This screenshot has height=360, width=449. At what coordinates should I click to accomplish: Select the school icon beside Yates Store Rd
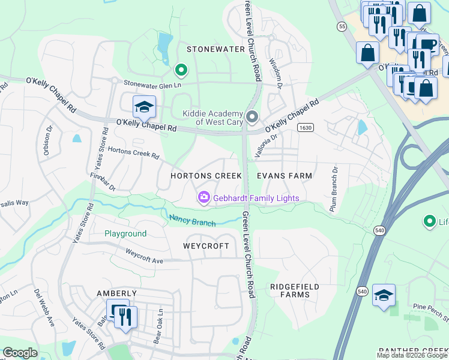pyautogui.click(x=144, y=107)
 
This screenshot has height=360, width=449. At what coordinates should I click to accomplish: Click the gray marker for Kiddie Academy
pyautogui.click(x=252, y=116)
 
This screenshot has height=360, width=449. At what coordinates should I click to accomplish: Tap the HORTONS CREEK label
pyautogui.click(x=206, y=176)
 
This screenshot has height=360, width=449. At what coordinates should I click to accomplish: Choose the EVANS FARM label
pyautogui.click(x=285, y=176)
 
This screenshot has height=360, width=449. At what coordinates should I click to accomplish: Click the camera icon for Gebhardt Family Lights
pyautogui.click(x=204, y=197)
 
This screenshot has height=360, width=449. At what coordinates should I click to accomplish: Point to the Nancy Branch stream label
pyautogui.click(x=192, y=220)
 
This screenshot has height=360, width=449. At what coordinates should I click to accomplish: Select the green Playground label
pyautogui.click(x=125, y=233)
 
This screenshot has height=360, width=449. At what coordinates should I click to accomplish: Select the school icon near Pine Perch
pyautogui.click(x=384, y=296)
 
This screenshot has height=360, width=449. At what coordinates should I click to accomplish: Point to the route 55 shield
pyautogui.click(x=342, y=26)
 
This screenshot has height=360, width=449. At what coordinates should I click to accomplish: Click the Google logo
pyautogui.click(x=20, y=353)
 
